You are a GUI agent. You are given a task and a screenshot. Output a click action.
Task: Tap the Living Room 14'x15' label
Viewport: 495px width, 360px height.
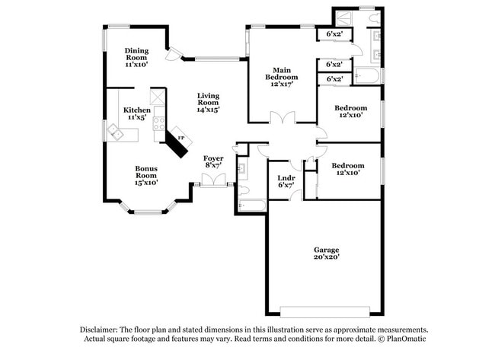pyautogui.click(x=209, y=103)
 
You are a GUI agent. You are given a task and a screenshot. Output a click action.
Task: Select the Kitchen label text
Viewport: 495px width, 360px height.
pyautogui.click(x=136, y=110)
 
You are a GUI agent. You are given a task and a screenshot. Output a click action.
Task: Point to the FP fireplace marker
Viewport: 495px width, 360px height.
pyautogui.click(x=181, y=138)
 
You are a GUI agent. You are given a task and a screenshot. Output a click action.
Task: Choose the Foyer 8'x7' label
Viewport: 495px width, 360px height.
pyautogui.click(x=213, y=161)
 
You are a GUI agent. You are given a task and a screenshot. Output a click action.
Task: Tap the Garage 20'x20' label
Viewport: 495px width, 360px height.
pyautogui.click(x=327, y=253)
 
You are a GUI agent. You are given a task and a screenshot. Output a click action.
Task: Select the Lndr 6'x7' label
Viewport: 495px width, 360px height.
pyautogui.click(x=286, y=181)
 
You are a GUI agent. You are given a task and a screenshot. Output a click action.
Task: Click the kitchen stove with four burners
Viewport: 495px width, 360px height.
pyautogui.click(x=159, y=123)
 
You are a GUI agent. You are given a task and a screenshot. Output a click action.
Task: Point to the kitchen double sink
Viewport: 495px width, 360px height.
pyautogui.click(x=116, y=133)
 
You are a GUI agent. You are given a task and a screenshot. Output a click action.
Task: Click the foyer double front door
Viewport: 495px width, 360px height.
pyautogui.click(x=214, y=181)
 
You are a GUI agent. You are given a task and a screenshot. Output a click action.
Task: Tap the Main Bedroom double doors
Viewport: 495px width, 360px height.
pyautogui.click(x=283, y=118)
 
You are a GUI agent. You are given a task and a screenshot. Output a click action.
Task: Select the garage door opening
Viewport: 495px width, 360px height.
pyautogui.click(x=325, y=312)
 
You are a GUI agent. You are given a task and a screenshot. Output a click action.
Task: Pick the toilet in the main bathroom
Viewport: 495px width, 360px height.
pyautogui.click(x=375, y=17)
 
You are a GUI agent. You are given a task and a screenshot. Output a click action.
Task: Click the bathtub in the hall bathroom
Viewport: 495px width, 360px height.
pyautogui.click(x=252, y=205)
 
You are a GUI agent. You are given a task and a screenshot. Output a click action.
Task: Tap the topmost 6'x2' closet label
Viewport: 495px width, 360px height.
pyautogui.click(x=334, y=33)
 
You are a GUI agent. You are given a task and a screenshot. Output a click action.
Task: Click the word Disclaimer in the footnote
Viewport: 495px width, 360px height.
pyautogui.click(x=99, y=330)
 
